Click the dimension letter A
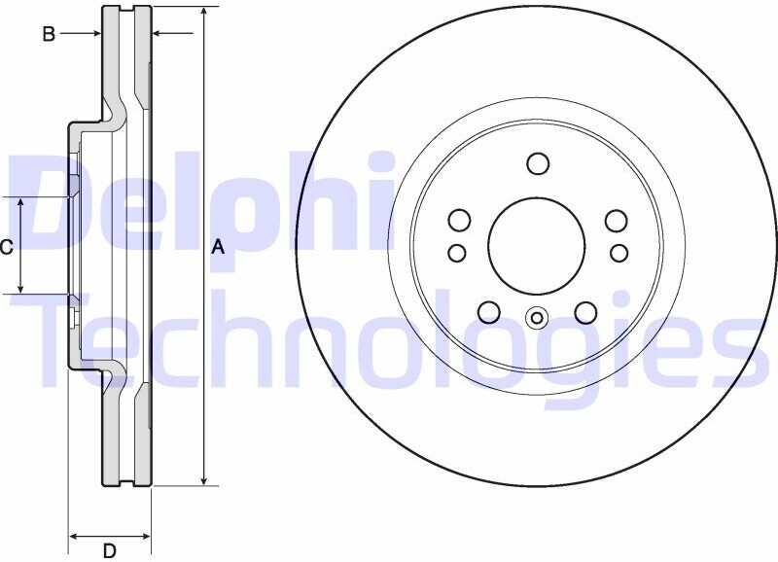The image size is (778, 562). coord(218,247)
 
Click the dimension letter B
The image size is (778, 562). coord(49,34)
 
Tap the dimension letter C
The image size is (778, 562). coord(6,247)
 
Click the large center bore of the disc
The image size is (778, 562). coord(537,245)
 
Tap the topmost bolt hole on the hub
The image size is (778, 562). coord(538,163)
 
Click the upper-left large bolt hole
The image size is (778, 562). coord(459,221)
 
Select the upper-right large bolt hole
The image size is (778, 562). coord(617,221)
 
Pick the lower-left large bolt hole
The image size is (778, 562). coord(489,312)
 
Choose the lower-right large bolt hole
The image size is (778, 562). coord(586,312)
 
